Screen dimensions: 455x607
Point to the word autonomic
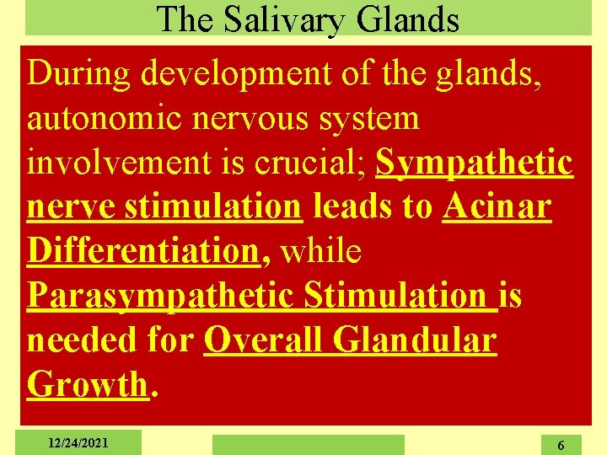(x=102, y=119)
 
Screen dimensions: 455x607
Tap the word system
(x=374, y=119)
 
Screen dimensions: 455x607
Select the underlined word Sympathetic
(x=475, y=163)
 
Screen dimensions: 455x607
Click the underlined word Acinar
(x=497, y=206)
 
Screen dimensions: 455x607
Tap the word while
(x=323, y=251)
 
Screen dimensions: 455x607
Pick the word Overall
(x=264, y=340)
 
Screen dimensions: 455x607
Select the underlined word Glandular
(x=415, y=340)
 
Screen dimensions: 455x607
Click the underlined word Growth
(x=87, y=384)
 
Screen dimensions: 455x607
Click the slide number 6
(x=562, y=444)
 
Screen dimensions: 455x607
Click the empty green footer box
(x=308, y=444)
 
